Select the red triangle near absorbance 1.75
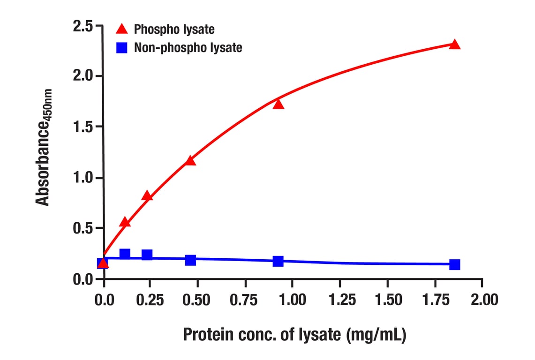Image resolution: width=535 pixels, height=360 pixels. [x=279, y=104]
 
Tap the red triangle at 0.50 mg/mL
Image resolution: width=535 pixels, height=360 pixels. [x=190, y=161]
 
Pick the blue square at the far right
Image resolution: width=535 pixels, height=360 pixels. [x=454, y=264]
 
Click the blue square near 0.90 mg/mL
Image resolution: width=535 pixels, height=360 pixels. [x=278, y=261]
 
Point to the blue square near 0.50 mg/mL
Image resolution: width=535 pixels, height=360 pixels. [x=190, y=260]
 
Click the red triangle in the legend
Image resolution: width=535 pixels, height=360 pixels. [x=122, y=30]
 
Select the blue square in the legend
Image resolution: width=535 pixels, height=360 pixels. [x=122, y=47]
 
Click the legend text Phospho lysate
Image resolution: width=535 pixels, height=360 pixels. [x=174, y=30]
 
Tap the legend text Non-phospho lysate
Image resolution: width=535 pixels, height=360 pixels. [x=188, y=47]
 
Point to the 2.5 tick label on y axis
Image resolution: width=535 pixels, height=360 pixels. [x=83, y=26]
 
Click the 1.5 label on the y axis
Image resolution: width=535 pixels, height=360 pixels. [x=83, y=127]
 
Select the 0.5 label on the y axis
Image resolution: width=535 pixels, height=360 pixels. [x=83, y=229]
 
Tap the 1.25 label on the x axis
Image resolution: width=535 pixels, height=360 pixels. [x=340, y=300]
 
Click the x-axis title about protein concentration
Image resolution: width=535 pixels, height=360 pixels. [x=294, y=335]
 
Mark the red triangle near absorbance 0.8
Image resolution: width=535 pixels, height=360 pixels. [x=147, y=196]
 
